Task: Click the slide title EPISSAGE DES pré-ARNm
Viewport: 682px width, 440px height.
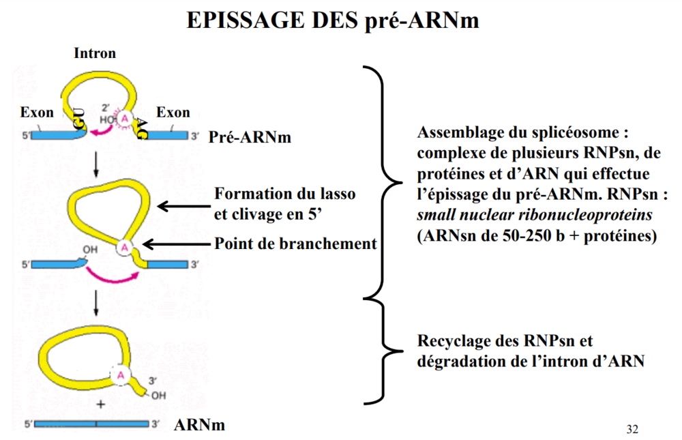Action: (x=333, y=20)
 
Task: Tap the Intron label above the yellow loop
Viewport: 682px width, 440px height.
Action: (x=95, y=53)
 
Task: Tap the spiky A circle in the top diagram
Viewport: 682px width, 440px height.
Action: (x=125, y=118)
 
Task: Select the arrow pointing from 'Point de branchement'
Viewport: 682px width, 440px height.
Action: (x=178, y=244)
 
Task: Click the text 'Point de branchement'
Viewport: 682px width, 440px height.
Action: (x=295, y=244)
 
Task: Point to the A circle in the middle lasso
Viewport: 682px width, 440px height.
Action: (x=125, y=248)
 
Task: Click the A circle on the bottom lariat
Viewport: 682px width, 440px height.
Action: (x=121, y=375)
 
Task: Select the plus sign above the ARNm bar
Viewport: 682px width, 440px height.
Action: (x=101, y=404)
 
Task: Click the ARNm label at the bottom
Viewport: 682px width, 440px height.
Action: (x=199, y=425)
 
